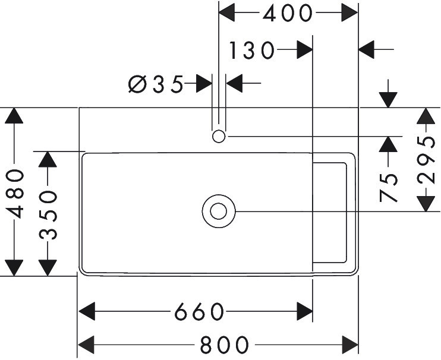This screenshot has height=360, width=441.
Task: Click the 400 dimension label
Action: (288, 12)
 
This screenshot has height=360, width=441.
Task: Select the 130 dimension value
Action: (252, 51)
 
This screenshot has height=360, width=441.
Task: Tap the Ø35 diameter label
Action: (156, 84)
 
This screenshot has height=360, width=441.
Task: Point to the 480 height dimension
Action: (15, 193)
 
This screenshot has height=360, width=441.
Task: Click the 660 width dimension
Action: (199, 311)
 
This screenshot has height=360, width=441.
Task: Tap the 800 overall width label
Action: (224, 343)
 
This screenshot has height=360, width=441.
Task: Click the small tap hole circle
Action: (218, 137)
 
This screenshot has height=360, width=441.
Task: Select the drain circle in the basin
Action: (219, 211)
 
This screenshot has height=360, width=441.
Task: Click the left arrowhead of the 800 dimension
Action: (87, 343)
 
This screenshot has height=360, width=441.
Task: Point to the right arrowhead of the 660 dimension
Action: (305, 311)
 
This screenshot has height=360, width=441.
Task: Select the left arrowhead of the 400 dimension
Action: (228, 12)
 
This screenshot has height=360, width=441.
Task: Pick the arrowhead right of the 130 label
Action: (305, 51)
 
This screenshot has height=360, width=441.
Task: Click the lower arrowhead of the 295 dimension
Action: (425, 203)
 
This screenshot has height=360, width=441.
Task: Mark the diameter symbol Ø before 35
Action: (136, 84)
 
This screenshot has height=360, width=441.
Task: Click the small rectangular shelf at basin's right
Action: (330, 211)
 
